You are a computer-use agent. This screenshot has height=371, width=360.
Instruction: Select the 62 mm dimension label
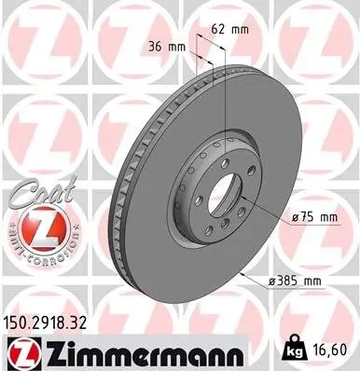tap(228, 29)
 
